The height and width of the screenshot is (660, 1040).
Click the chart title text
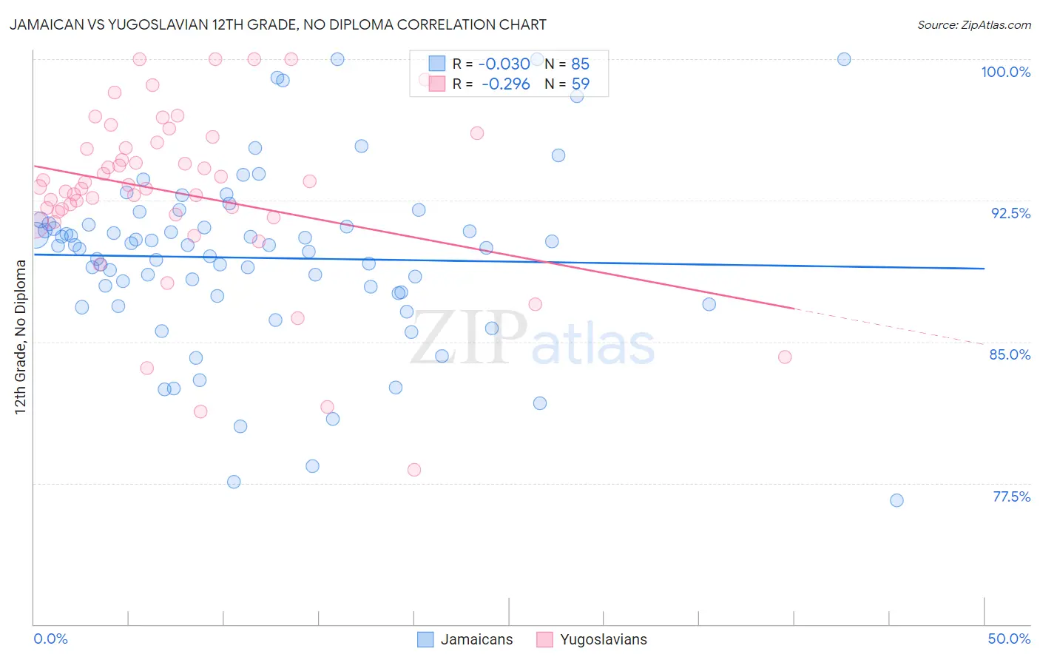(x=277, y=24)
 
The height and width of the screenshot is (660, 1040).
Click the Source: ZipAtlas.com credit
(x=973, y=25)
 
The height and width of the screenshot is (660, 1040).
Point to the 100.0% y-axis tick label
(x=1005, y=72)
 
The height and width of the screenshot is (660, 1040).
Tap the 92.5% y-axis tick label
(x=1010, y=213)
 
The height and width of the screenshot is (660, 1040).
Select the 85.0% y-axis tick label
(x=1010, y=354)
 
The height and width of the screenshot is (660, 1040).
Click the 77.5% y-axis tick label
(x=1010, y=496)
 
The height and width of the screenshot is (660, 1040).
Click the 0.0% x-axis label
(x=50, y=639)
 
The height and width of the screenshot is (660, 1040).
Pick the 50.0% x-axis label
(x=1009, y=639)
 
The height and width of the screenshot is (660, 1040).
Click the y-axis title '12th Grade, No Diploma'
(x=21, y=337)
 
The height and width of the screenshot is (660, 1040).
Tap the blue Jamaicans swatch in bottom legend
(x=425, y=639)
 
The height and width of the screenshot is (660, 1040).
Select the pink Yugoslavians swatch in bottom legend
(x=544, y=639)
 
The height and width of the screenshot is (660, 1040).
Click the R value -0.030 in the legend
(x=504, y=64)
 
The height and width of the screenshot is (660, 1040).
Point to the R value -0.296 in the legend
(x=505, y=84)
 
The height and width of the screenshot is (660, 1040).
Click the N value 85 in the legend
(x=580, y=64)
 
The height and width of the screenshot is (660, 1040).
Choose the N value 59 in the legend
(x=580, y=84)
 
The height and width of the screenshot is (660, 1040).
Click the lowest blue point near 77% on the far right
(x=897, y=500)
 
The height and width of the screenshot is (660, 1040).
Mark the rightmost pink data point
(x=785, y=357)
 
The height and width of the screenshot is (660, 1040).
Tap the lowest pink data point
(x=414, y=470)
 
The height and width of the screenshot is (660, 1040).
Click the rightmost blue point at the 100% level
(x=844, y=59)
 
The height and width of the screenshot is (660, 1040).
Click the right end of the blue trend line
(x=984, y=269)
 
